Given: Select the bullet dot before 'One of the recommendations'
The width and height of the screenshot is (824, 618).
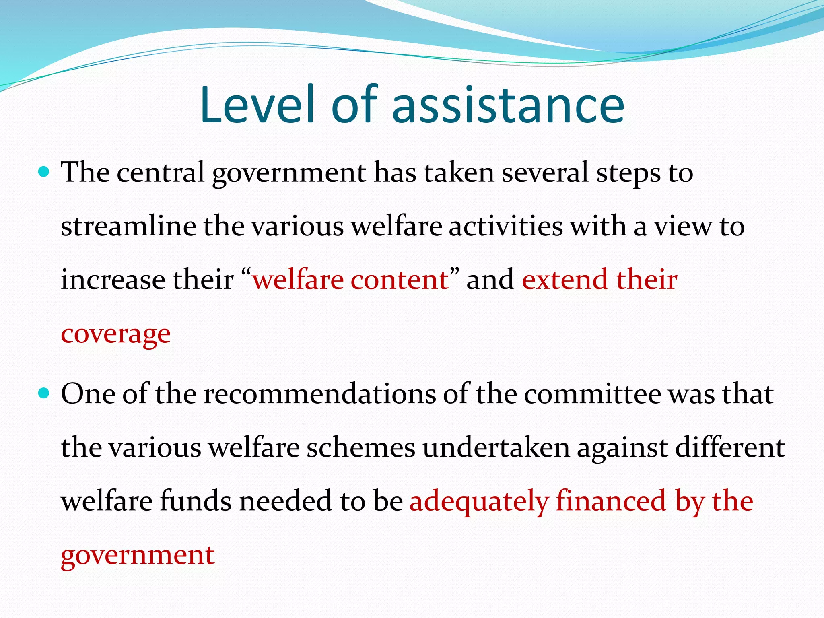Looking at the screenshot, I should pyautogui.click(x=43, y=393).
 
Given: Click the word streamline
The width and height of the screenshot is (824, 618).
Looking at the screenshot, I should pyautogui.click(x=128, y=226).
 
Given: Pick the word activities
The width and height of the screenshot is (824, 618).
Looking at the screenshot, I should pyautogui.click(x=506, y=226).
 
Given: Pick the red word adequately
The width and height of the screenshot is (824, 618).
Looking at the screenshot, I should pyautogui.click(x=479, y=502).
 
